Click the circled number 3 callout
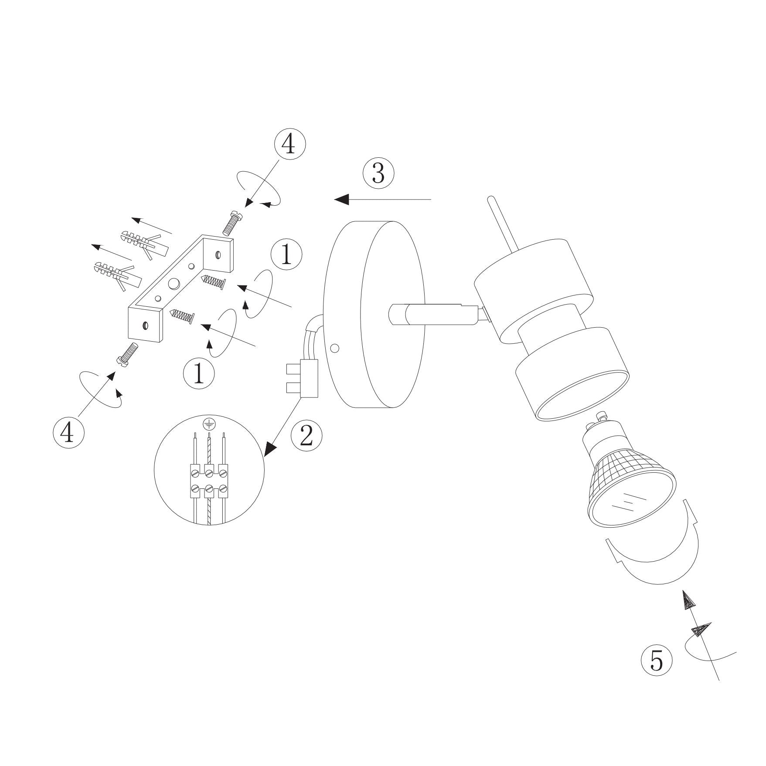click(x=378, y=173)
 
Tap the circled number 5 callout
click(x=657, y=661)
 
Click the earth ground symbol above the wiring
click(x=209, y=424)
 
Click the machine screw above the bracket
click(x=232, y=221)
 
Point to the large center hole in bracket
click(x=174, y=284)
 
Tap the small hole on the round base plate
click(x=334, y=348)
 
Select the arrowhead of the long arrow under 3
click(x=342, y=200)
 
